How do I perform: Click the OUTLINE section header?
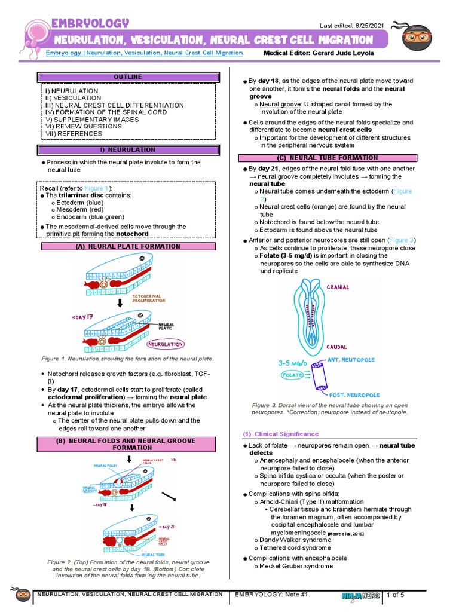(127, 77)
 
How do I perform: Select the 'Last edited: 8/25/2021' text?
(352, 25)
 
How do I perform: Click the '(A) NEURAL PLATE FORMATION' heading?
(127, 246)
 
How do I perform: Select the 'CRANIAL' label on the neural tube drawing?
(338, 287)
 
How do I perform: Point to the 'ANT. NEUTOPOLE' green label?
(353, 360)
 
